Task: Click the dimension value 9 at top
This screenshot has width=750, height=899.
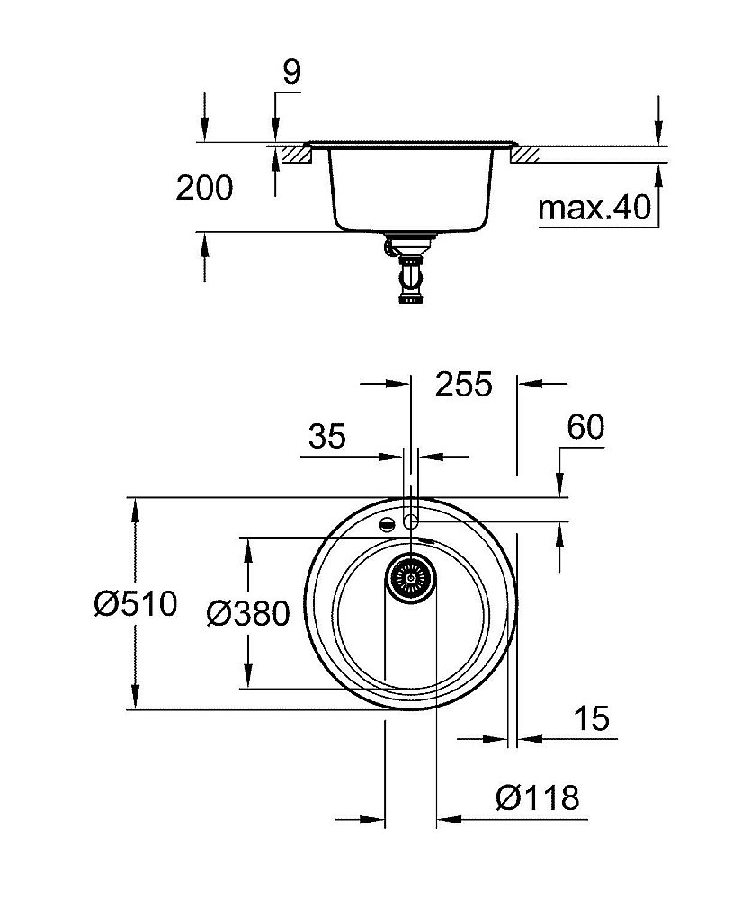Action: (x=290, y=73)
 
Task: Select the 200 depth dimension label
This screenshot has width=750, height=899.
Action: (x=204, y=188)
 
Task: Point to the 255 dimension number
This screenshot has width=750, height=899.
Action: (x=464, y=384)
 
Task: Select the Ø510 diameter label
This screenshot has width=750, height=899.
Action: (x=136, y=603)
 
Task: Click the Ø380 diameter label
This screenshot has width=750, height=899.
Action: (x=247, y=614)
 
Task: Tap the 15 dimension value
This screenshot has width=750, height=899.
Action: (x=591, y=718)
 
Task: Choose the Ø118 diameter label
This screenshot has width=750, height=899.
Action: (x=538, y=797)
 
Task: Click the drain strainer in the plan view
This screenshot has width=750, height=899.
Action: (x=411, y=575)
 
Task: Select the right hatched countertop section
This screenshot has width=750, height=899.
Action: (x=525, y=156)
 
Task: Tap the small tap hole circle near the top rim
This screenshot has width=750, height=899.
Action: (x=410, y=521)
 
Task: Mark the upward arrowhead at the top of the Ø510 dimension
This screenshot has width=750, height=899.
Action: (x=136, y=509)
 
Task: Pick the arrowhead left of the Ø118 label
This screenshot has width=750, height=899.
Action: (x=446, y=820)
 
